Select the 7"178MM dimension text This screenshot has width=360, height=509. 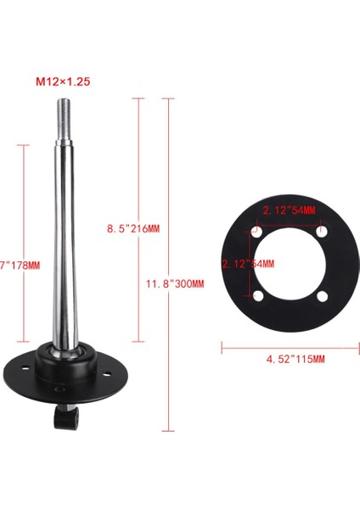(x=17, y=266)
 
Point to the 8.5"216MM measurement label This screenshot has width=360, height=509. (x=133, y=228)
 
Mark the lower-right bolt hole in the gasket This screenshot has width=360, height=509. (x=323, y=295)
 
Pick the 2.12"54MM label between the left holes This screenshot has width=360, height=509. (x=248, y=264)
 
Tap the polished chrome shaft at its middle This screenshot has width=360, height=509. (x=67, y=238)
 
